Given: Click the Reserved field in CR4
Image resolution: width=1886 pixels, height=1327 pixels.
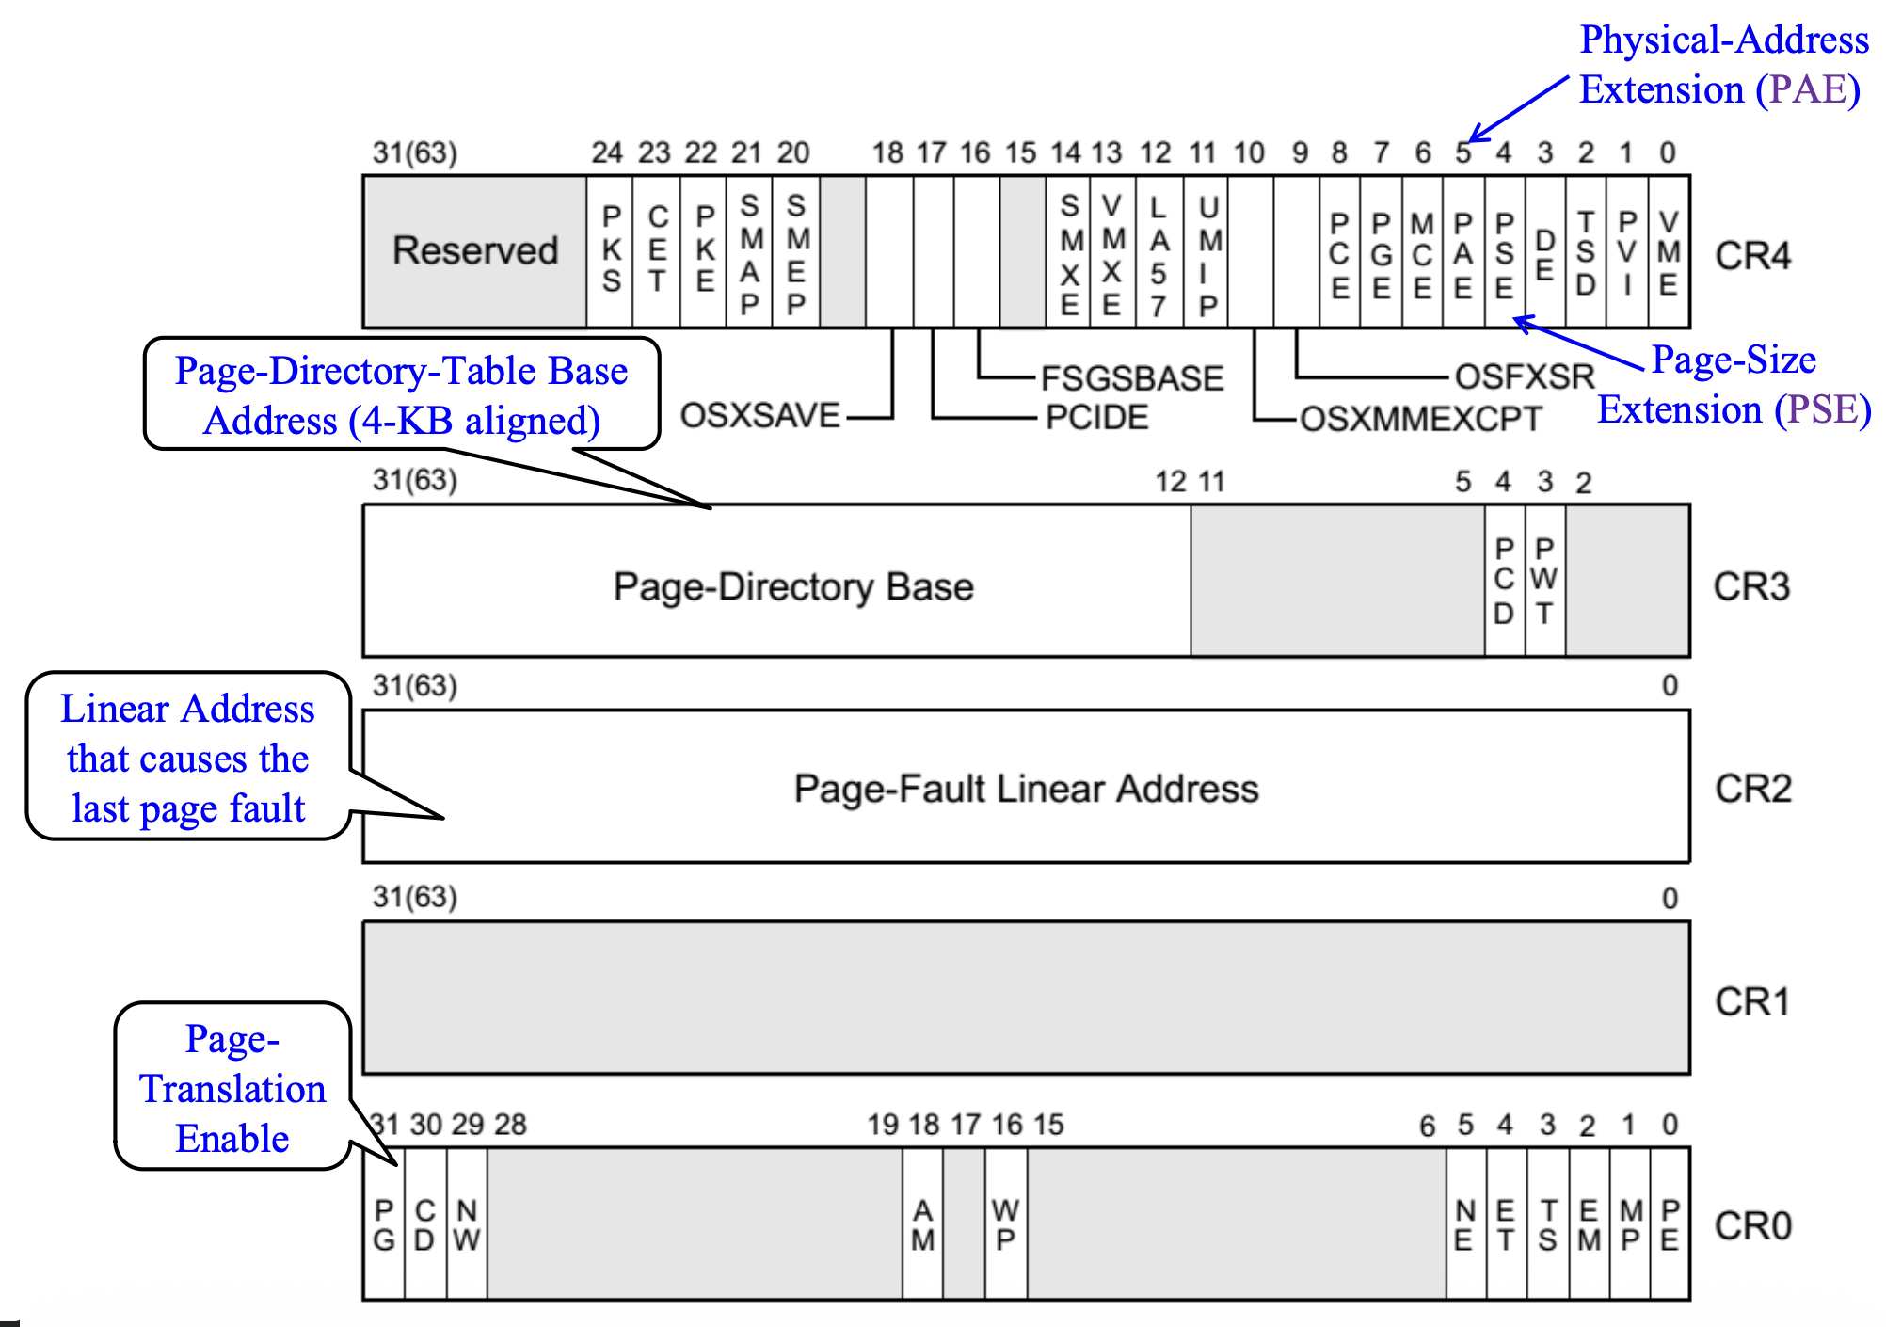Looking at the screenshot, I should click(x=475, y=251).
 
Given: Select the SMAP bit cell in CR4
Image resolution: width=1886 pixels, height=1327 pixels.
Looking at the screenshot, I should click(x=749, y=252).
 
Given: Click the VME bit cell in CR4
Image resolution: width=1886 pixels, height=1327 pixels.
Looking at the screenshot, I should click(x=1669, y=252).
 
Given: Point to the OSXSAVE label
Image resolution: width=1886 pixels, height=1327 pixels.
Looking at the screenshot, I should click(x=759, y=415).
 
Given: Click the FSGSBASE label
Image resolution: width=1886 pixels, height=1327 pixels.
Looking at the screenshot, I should click(x=1132, y=378).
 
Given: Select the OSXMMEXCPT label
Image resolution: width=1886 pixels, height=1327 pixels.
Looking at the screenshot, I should click(x=1420, y=419).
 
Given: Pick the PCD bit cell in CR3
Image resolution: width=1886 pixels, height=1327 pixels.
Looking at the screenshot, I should click(x=1504, y=581).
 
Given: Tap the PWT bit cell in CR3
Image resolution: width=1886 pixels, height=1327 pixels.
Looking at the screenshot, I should click(x=1544, y=581).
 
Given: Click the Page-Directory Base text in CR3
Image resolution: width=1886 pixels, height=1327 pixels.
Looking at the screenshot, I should click(x=793, y=586).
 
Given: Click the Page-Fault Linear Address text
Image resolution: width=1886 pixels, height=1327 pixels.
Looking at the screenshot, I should click(x=1026, y=789).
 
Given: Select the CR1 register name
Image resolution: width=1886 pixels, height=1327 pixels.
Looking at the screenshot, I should click(x=1752, y=1001).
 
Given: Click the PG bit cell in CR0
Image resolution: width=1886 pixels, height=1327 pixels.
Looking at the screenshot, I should click(x=384, y=1224).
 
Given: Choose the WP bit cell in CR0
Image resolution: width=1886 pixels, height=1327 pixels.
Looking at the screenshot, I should click(x=1005, y=1224).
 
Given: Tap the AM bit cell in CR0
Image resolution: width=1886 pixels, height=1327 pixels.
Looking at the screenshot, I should click(x=922, y=1224).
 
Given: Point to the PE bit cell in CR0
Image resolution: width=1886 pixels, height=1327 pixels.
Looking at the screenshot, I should click(x=1670, y=1224).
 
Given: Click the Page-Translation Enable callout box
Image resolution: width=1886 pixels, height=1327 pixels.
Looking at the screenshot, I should click(x=232, y=1088).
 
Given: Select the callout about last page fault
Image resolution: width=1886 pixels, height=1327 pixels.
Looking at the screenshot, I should click(x=188, y=758).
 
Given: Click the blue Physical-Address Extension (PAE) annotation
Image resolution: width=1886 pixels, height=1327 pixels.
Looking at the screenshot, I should click(x=1722, y=64).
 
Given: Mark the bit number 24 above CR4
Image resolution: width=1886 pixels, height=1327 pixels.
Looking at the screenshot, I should click(x=607, y=152).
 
